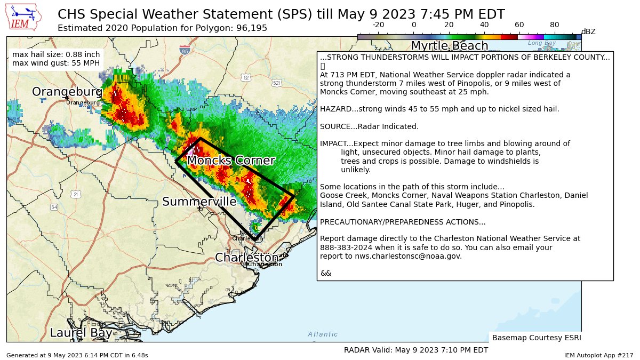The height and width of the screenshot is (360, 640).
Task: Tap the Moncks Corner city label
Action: click(231, 161)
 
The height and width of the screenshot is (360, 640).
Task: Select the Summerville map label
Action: click(199, 202)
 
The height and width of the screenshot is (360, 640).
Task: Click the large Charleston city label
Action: click(246, 258)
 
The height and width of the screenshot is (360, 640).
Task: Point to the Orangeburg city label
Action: click(67, 92)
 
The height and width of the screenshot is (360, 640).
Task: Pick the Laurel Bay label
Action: click(81, 333)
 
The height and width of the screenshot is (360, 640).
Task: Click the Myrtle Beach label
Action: click(449, 46)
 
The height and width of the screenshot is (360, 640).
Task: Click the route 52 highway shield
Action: click(245, 77)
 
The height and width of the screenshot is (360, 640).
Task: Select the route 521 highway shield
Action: click(276, 83)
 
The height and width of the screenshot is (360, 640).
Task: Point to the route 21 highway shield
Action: click(76, 194)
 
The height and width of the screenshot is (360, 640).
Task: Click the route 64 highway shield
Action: click(54, 207)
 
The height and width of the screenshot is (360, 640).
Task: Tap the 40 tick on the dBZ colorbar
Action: click(484, 25)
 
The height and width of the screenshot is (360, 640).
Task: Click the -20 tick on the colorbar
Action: click(378, 25)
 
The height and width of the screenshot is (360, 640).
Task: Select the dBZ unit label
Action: click(588, 31)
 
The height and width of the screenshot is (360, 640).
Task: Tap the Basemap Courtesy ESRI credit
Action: click(536, 338)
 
